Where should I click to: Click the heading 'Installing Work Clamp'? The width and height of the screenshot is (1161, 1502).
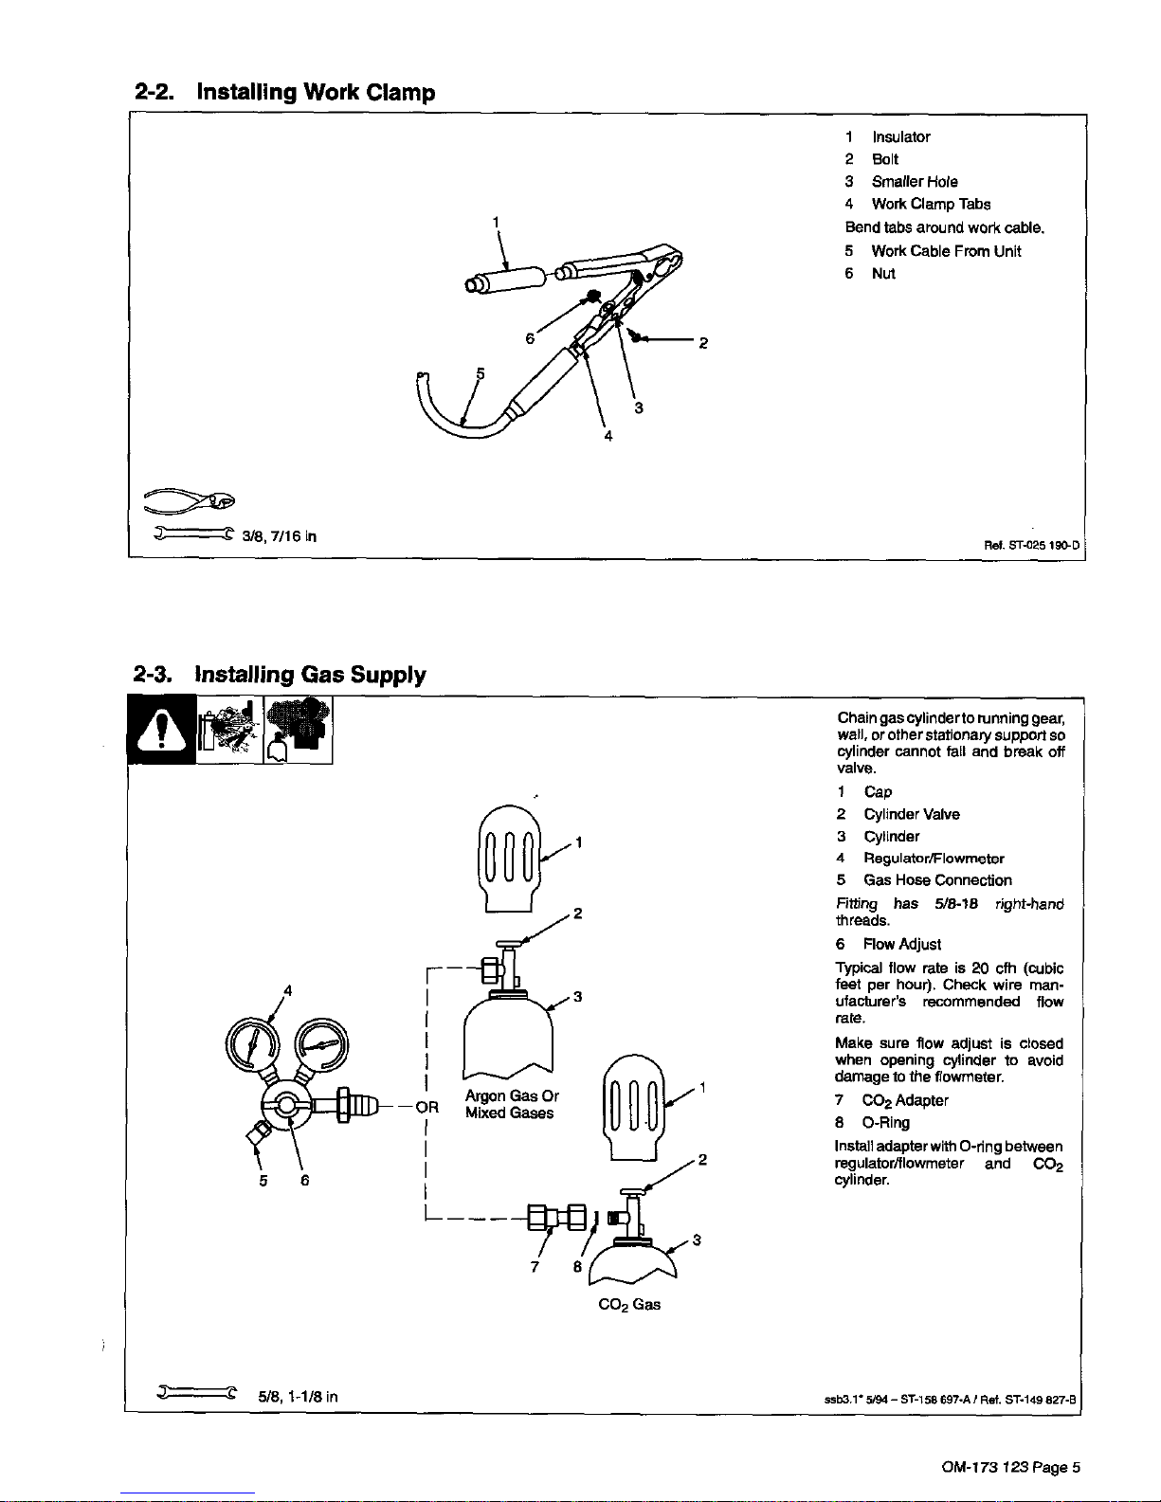tap(315, 93)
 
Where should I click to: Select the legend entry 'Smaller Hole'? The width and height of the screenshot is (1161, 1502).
tap(914, 182)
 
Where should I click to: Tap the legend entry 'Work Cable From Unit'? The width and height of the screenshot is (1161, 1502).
tap(945, 251)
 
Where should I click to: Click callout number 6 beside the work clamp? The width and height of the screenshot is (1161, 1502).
tap(531, 338)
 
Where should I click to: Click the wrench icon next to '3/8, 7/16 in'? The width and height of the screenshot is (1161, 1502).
tap(193, 534)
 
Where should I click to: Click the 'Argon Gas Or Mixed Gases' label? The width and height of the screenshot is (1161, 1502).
tap(511, 1104)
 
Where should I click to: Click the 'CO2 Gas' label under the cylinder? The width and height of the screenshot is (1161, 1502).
tap(629, 1305)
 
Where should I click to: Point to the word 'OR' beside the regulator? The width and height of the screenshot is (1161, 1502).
tap(427, 1107)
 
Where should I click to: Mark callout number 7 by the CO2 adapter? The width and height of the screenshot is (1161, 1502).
tap(535, 1267)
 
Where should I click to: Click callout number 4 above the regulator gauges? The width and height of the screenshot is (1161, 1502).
tap(287, 989)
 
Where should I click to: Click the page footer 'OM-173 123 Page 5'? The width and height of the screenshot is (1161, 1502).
tap(1010, 1468)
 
